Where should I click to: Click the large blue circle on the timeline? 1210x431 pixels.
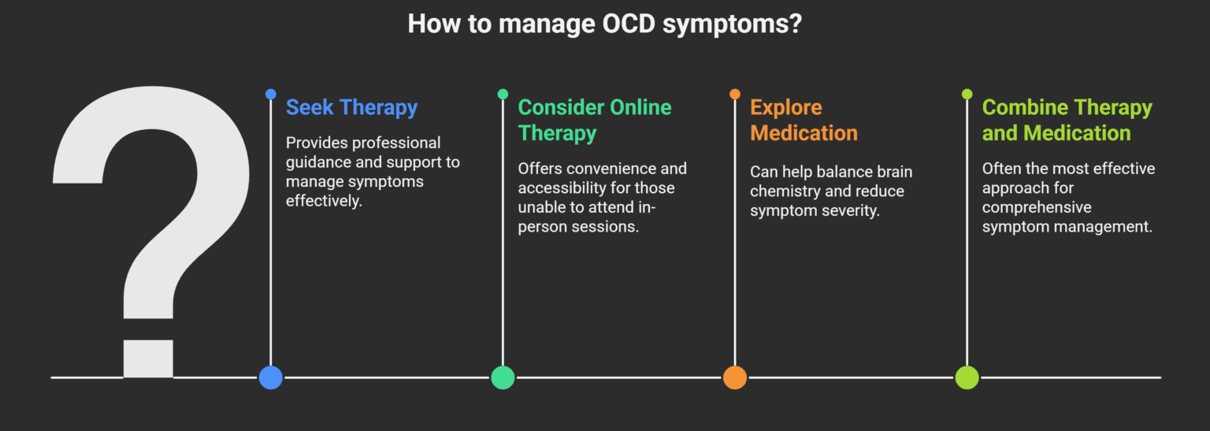(x=271, y=377)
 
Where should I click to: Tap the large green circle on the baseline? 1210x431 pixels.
(x=503, y=377)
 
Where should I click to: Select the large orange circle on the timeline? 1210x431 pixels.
(x=735, y=377)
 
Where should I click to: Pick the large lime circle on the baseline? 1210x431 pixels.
(x=967, y=377)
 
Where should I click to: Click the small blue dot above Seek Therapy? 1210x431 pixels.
(x=271, y=95)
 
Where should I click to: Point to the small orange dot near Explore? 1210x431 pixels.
(x=735, y=95)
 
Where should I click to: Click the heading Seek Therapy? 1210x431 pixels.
(x=351, y=108)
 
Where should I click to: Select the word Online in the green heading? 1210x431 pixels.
(x=640, y=107)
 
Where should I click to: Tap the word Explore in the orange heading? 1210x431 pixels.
(x=786, y=108)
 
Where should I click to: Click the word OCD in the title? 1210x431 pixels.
(x=628, y=24)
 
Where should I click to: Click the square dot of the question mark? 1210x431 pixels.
(x=148, y=359)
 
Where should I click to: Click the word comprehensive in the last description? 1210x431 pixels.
(x=1037, y=208)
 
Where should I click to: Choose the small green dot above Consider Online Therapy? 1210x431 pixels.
(x=503, y=95)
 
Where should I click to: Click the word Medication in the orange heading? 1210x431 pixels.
(x=804, y=133)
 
